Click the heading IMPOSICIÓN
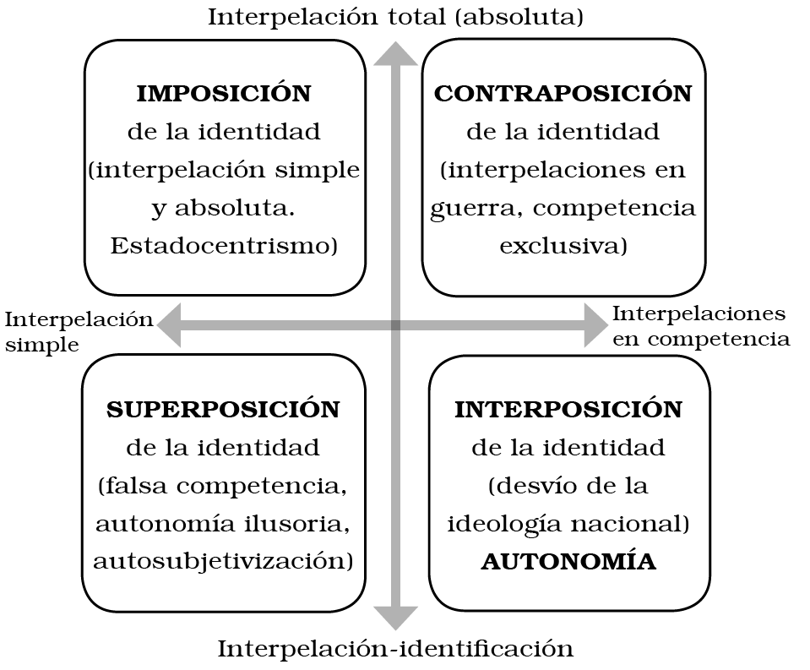[224, 94]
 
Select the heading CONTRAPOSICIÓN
[563, 94]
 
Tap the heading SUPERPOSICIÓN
[223, 410]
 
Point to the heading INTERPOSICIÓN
[568, 410]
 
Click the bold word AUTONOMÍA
[568, 562]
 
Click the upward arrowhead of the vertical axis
[395, 52]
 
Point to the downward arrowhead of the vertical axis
[395, 618]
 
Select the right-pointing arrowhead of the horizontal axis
[596, 325]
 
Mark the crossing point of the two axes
[395, 325]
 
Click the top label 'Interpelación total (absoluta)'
[395, 17]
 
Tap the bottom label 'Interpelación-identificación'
[395, 649]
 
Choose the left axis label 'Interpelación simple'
[79, 331]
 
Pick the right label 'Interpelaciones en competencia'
[700, 326]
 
